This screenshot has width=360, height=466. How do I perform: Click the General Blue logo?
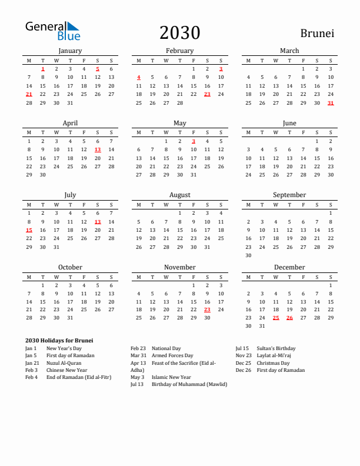point(52,31)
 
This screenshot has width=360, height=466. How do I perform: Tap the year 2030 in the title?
point(179,32)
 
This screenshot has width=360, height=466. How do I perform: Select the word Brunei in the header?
point(317,33)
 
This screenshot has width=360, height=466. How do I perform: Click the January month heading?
point(70,51)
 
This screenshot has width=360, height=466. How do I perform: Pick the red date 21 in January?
point(29,94)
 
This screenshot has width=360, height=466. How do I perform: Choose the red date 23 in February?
point(207,94)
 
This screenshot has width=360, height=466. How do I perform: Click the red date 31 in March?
point(331,103)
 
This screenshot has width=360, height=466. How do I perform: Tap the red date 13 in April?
point(98,149)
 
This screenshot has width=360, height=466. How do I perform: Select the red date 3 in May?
point(194,141)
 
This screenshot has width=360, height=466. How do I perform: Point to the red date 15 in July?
point(29,230)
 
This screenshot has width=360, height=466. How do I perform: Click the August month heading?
point(179,195)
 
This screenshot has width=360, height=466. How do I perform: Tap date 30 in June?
point(331,175)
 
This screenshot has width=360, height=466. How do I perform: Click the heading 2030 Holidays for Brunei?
point(59,341)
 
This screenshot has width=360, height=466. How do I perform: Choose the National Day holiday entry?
point(166,348)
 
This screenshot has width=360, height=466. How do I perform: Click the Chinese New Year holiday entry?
point(66,370)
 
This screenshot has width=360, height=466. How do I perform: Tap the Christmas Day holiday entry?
point(273,363)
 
